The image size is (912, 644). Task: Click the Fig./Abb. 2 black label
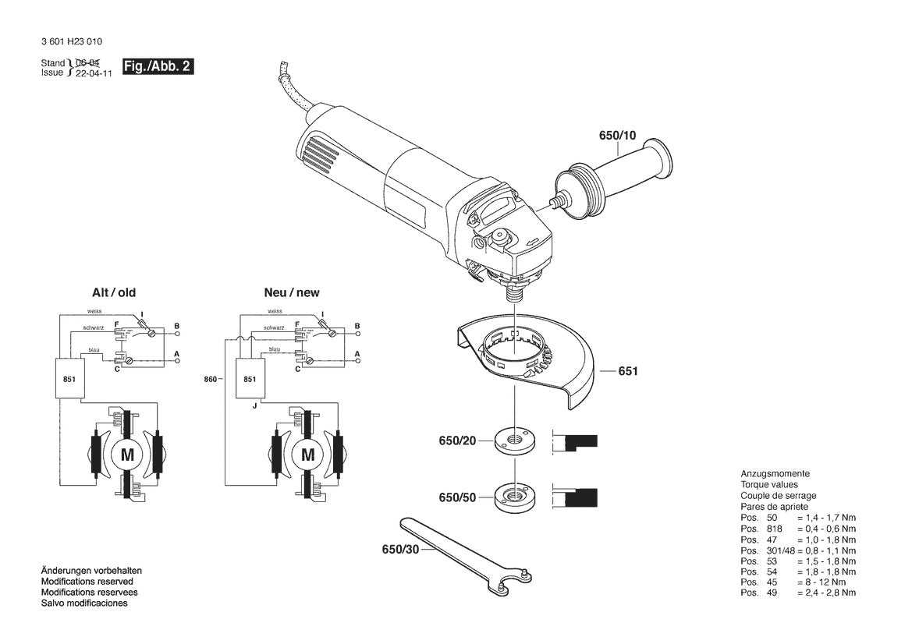pos(157,66)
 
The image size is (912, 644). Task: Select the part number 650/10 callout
pos(617,136)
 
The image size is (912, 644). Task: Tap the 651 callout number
pos(628,371)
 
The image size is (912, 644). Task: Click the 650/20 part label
pos(457,442)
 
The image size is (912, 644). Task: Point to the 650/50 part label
pos(457,497)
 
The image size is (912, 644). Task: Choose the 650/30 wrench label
pos(400,550)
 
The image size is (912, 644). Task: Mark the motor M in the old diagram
pos(126,455)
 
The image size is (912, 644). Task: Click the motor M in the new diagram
pos(307,455)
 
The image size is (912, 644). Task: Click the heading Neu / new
pos(292,293)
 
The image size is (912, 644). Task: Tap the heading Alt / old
pos(114,293)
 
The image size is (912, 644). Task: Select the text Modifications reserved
pos(87,582)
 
